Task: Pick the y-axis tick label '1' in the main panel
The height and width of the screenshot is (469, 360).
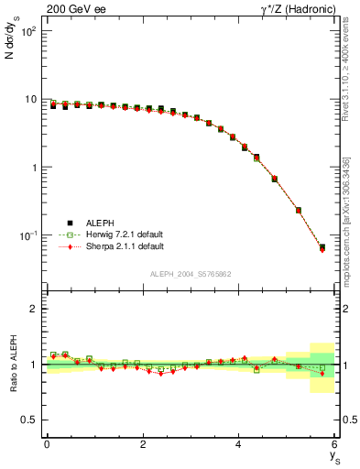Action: coord(33,168)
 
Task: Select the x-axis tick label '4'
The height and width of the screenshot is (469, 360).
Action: coord(239,444)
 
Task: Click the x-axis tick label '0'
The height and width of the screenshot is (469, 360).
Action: coord(47,444)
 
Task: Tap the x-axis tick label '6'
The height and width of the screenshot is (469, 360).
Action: coord(335,444)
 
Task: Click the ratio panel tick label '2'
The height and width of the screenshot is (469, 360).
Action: coord(33,310)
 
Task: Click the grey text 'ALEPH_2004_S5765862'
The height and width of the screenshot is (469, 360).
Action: coord(191,274)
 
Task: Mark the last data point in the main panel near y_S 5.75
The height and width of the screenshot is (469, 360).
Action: coord(322,247)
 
